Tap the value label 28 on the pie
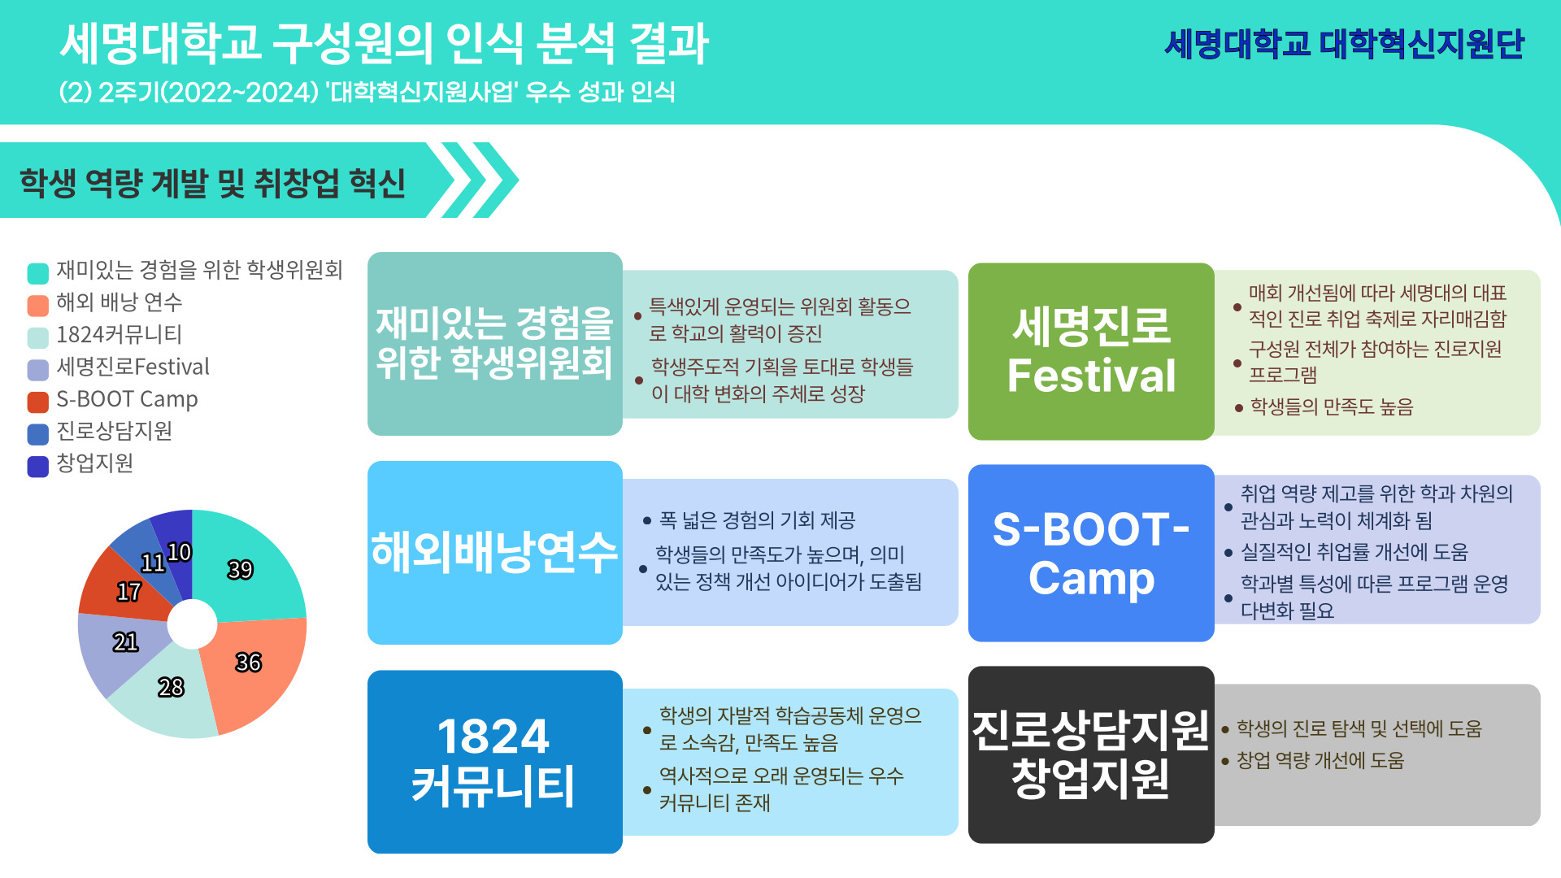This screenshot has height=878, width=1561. pos(171,688)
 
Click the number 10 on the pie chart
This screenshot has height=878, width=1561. pos(179,553)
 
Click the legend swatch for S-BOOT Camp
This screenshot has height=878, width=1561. pos(38,402)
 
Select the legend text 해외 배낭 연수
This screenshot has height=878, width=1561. pos(120,302)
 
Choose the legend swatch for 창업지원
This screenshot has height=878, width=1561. pos(38,466)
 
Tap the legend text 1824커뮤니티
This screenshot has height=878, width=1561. pos(120,334)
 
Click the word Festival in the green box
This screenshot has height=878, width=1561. pos(1091,376)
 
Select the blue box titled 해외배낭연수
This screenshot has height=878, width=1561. pos(494,553)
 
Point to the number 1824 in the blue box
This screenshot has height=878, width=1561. pos(494,737)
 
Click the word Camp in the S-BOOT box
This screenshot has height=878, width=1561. pos(1091,579)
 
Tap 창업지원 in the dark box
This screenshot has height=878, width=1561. pos(1090,778)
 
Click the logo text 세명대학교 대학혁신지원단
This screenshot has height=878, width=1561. pos(1345,44)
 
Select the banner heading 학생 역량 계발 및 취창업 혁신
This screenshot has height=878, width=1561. pos(212,183)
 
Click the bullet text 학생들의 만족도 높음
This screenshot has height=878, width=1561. pos(1332,406)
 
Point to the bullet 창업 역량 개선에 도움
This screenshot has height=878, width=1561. pos(1320,760)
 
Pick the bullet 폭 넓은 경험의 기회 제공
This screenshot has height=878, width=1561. pos(758,520)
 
